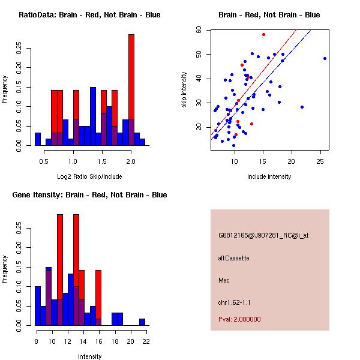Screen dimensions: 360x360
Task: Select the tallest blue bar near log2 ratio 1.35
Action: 93,114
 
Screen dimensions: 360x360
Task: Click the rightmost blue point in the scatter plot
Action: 325,58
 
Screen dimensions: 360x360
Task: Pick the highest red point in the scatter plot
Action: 263,35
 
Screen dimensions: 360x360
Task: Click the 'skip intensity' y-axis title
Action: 184,90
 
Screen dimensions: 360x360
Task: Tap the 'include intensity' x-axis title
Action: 269,176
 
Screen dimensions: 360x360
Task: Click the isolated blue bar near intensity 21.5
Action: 142,322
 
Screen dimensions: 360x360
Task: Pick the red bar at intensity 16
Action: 98,294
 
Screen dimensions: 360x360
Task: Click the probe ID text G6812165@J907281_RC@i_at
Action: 263,236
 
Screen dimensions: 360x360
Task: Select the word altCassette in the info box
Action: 233,258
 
